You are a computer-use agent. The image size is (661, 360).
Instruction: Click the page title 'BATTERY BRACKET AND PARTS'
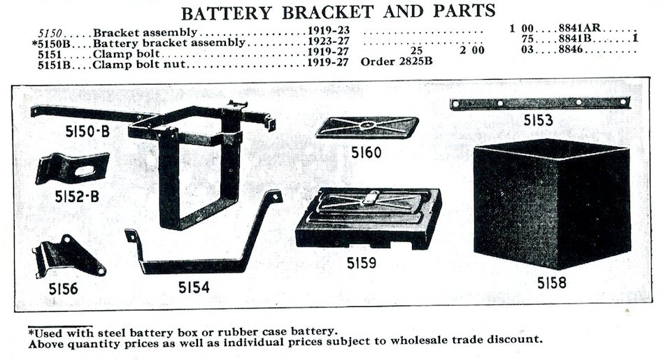(x=339, y=12)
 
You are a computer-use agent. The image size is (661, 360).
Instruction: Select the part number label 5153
(x=539, y=121)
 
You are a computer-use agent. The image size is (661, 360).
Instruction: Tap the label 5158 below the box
(x=552, y=284)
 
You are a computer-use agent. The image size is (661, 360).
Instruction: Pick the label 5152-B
(x=78, y=197)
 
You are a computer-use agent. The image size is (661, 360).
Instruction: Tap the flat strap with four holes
(x=539, y=103)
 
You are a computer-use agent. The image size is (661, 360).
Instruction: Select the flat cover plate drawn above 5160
(x=367, y=127)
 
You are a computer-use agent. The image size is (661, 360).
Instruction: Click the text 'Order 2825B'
(x=397, y=61)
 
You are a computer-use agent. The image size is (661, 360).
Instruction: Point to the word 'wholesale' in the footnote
(x=415, y=340)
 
